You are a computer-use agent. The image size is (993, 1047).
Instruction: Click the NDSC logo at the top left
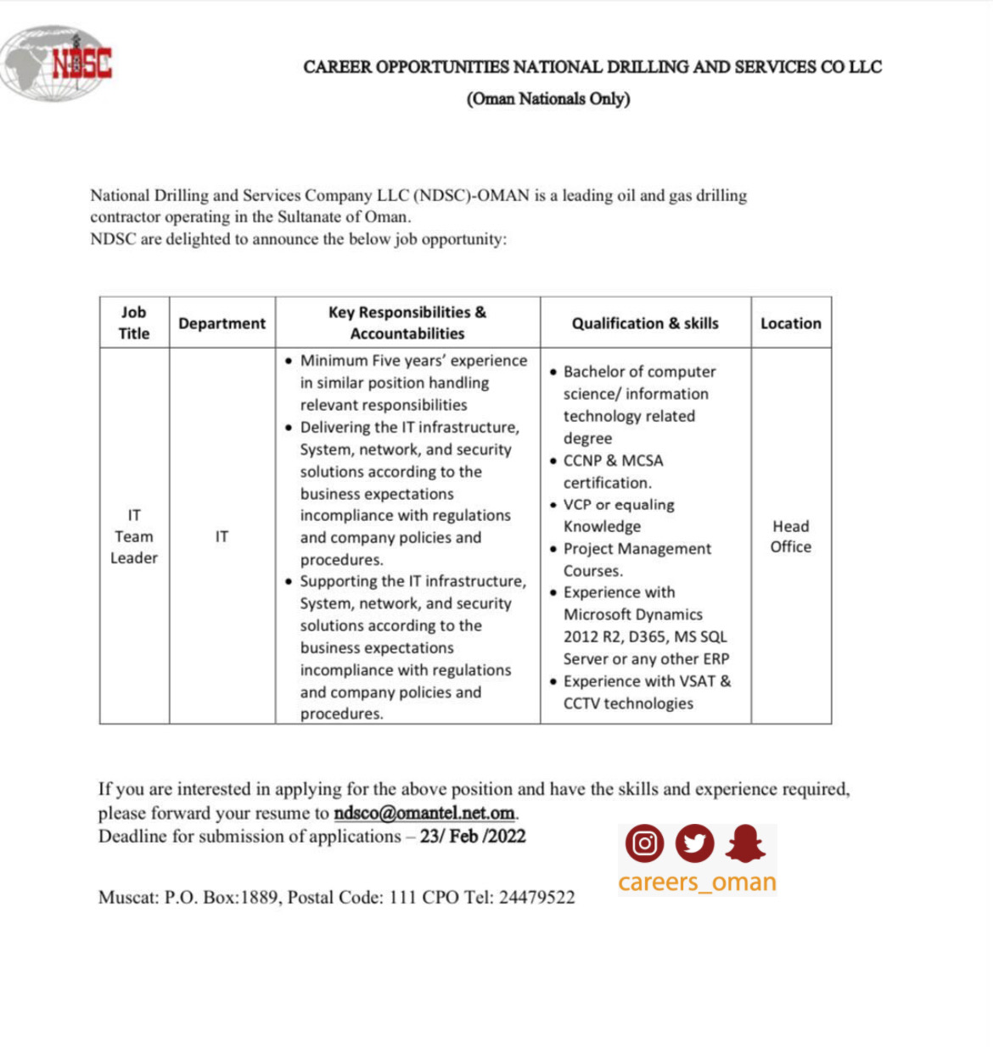(x=57, y=63)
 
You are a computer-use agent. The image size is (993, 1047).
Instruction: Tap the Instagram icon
(x=645, y=843)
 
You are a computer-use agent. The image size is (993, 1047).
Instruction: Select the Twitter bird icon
(x=694, y=843)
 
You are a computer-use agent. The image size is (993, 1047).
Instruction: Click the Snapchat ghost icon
(x=745, y=843)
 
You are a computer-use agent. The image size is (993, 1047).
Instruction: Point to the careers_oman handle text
(x=697, y=882)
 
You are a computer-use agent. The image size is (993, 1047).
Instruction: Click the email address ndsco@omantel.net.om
(x=424, y=813)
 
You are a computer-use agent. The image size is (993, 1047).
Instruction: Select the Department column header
(x=222, y=323)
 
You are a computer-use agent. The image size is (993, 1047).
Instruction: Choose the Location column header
(x=790, y=323)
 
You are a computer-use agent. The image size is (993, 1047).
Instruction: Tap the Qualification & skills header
(x=645, y=323)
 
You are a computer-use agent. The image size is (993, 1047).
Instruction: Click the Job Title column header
(x=134, y=322)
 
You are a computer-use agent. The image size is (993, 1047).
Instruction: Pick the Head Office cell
(x=790, y=536)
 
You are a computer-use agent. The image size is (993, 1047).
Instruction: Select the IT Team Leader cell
(x=134, y=536)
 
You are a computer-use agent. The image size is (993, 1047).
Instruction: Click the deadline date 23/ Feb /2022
(x=473, y=837)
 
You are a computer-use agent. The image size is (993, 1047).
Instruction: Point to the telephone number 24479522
(x=536, y=898)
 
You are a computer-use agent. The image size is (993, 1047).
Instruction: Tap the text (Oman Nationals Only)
(x=548, y=98)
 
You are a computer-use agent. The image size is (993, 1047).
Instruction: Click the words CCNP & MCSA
(x=613, y=461)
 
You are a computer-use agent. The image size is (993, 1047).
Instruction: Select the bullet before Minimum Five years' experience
(x=289, y=361)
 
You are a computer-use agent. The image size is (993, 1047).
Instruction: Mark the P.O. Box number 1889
(x=259, y=898)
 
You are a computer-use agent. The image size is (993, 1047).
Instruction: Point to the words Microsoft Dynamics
(x=633, y=614)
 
